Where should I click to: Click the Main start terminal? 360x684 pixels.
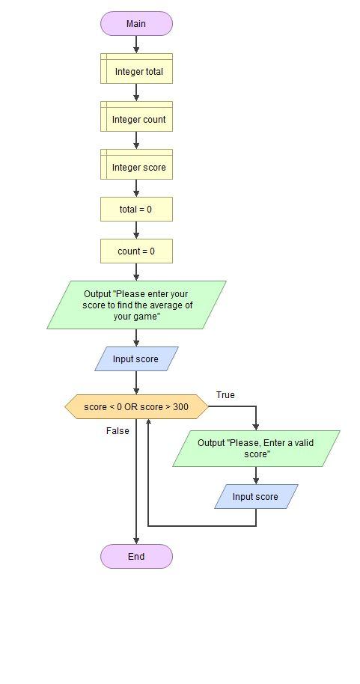[x=136, y=24]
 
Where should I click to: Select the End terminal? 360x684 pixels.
[x=136, y=557]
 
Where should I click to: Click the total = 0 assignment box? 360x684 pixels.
[x=136, y=210]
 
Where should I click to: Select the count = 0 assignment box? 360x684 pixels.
[x=136, y=251]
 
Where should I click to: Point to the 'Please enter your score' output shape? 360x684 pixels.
[x=136, y=305]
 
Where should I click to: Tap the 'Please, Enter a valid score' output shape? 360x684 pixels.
[x=256, y=448]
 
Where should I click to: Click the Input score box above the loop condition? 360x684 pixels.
[x=136, y=359]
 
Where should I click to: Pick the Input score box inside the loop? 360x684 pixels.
[x=256, y=497]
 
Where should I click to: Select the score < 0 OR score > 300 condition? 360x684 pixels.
[x=136, y=407]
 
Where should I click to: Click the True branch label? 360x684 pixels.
[x=225, y=395]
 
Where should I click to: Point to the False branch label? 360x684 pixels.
[x=118, y=431]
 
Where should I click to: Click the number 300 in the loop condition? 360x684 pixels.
[x=180, y=407]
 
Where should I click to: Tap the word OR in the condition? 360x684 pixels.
[x=132, y=407]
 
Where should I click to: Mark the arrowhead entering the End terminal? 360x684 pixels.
[x=136, y=541]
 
